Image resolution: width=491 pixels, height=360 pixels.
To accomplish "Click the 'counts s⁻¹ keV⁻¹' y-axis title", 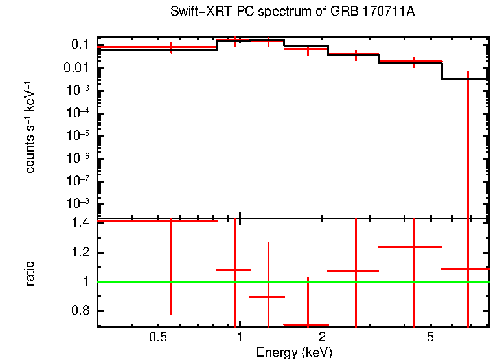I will (x=30, y=129).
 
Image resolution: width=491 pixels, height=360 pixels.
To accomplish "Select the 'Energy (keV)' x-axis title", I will (x=294, y=352).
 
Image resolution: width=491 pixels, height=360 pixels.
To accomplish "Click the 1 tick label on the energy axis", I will (x=240, y=337).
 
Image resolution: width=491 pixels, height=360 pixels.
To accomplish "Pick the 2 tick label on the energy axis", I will (x=322, y=337).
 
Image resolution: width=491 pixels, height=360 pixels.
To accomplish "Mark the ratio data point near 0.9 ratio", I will (x=268, y=297).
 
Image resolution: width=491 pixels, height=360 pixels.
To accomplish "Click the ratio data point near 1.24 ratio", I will (x=414, y=247).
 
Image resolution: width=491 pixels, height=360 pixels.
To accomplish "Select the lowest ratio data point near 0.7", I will (x=308, y=324).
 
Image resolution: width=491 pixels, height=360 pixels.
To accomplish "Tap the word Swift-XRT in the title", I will (x=195, y=12).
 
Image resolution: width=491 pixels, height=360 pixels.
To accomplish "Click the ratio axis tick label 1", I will (x=86, y=282).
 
